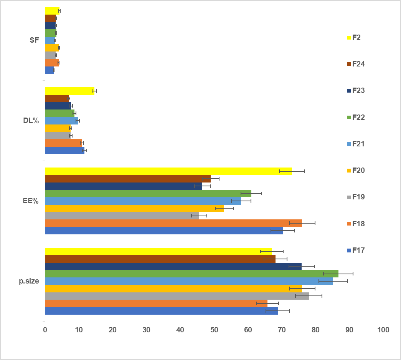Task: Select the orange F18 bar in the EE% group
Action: coord(173,223)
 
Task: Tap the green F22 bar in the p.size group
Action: coord(191,274)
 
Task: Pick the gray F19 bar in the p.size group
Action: coord(177,296)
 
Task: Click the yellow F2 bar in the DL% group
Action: coord(69,91)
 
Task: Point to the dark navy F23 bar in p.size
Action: coord(173,266)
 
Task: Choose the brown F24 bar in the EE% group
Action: coord(128,178)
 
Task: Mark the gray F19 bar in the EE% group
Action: coord(122,216)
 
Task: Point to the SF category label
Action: coord(34,40)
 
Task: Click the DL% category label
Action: coord(31,120)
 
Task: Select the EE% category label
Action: coord(31,201)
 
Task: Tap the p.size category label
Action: coord(29,281)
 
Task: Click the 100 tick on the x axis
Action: coord(383,330)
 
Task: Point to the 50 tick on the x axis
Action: coord(214,330)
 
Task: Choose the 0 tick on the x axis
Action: coord(45,330)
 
